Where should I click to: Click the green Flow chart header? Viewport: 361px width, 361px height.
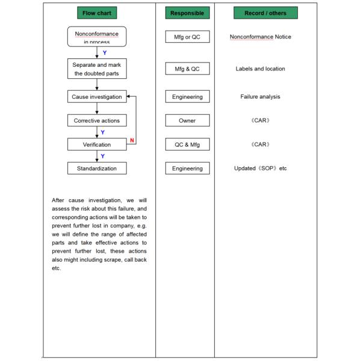coord(97,13)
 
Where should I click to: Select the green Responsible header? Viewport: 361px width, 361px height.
coord(187,13)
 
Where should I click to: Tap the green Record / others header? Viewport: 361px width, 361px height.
coord(265,13)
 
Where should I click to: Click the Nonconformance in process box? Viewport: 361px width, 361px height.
coord(97,37)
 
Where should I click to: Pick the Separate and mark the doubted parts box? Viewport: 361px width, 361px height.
coord(97,69)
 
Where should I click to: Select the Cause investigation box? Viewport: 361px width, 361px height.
coord(97,97)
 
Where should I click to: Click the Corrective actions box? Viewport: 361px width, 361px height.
coord(97,120)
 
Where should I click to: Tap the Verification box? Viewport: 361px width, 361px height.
coord(97,144)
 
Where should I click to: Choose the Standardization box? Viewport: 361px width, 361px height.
coord(97,168)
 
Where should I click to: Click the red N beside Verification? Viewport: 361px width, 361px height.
coord(132,141)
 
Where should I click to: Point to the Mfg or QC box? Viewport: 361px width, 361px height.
coord(187,37)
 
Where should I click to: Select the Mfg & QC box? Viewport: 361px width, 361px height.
coord(187,69)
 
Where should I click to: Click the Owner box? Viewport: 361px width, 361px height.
coord(187,120)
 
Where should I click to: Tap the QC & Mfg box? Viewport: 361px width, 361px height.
coord(187,144)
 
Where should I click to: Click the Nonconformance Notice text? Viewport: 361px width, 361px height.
coord(261,37)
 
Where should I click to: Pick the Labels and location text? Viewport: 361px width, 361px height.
coord(261,69)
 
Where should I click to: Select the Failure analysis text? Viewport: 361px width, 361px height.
coord(261,97)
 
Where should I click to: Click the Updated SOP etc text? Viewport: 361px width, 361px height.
coord(261,168)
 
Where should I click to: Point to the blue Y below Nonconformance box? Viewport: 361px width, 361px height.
coord(105,53)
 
